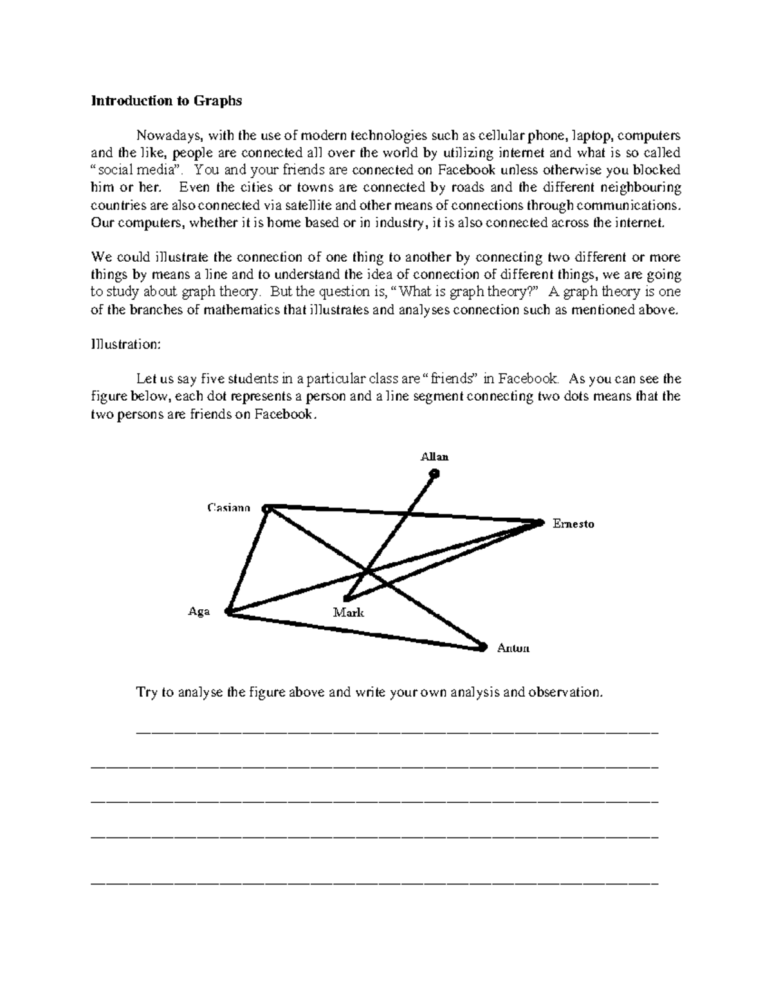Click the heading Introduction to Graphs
(167, 100)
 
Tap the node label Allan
(434, 457)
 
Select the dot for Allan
(435, 474)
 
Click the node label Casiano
(228, 508)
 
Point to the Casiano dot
(267, 509)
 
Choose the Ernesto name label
(573, 524)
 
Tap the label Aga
(199, 612)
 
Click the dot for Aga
(227, 612)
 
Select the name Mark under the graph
(348, 612)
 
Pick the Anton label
(513, 648)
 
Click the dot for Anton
(482, 647)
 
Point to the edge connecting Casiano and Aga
(248, 560)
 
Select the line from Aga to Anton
(354, 630)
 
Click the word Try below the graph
(145, 692)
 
